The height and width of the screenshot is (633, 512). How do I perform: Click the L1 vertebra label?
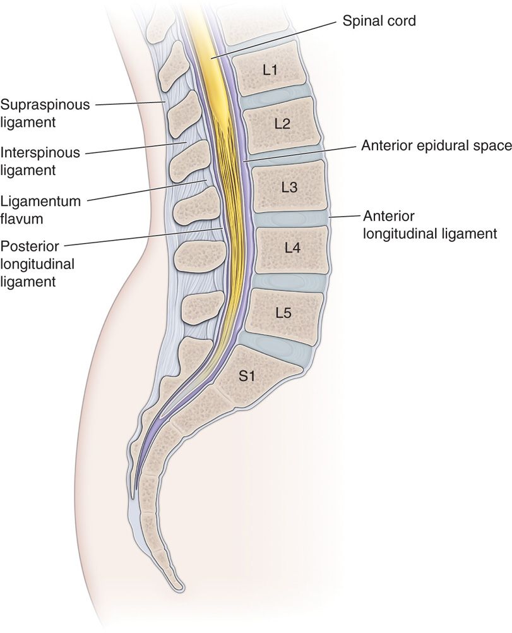click(270, 70)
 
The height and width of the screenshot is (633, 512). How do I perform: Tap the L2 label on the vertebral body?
click(282, 123)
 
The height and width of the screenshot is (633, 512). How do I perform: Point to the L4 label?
click(292, 248)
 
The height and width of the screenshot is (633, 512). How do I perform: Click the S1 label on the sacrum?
click(246, 377)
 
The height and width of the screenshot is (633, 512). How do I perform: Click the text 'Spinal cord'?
click(379, 21)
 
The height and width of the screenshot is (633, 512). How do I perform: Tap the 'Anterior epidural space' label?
click(436, 146)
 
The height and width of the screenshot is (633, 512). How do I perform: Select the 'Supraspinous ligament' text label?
click(45, 112)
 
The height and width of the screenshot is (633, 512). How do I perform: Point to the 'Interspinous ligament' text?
click(41, 161)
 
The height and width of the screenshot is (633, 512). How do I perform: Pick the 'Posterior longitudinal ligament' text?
click(37, 263)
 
